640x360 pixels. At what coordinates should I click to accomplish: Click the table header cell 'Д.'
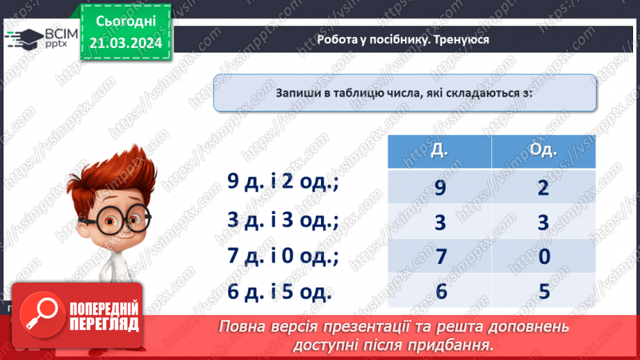(x=439, y=152)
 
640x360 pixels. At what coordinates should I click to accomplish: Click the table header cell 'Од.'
(x=543, y=152)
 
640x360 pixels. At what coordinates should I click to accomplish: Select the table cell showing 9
(x=439, y=187)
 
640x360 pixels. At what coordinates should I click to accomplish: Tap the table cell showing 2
(x=543, y=187)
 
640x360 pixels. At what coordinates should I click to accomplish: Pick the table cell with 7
(x=439, y=256)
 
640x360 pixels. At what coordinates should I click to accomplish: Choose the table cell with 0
(x=543, y=256)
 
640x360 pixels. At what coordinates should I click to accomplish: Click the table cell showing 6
(x=439, y=291)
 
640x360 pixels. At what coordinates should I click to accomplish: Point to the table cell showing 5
(x=543, y=291)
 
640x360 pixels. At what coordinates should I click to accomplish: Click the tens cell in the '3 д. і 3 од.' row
(x=439, y=222)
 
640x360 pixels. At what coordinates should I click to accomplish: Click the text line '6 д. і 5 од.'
(x=280, y=292)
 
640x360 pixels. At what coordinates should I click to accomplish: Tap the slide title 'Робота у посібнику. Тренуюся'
(x=403, y=40)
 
